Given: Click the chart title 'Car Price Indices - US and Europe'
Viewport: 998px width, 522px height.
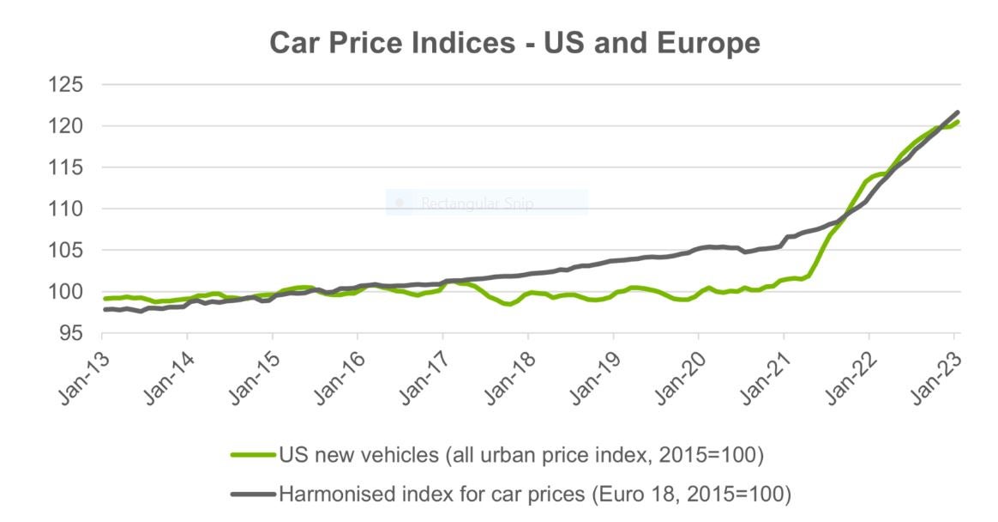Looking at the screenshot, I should pyautogui.click(x=514, y=42).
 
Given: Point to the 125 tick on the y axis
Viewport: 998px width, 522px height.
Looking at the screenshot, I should pyautogui.click(x=65, y=85).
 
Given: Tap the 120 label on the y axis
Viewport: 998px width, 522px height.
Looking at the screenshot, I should pyautogui.click(x=65, y=126).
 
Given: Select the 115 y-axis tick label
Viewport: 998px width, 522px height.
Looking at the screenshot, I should pyautogui.click(x=65, y=167).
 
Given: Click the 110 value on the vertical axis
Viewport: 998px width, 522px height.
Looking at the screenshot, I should pyautogui.click(x=65, y=209).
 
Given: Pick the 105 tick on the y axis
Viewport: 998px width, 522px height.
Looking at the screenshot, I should pyautogui.click(x=65, y=251).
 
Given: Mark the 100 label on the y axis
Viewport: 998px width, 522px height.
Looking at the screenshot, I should pyautogui.click(x=65, y=292).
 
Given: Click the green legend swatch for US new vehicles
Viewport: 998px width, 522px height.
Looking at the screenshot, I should pyautogui.click(x=255, y=455).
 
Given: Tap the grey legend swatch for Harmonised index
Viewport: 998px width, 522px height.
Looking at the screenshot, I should pyautogui.click(x=255, y=493).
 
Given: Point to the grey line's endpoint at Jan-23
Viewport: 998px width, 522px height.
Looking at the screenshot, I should pyautogui.click(x=958, y=112).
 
